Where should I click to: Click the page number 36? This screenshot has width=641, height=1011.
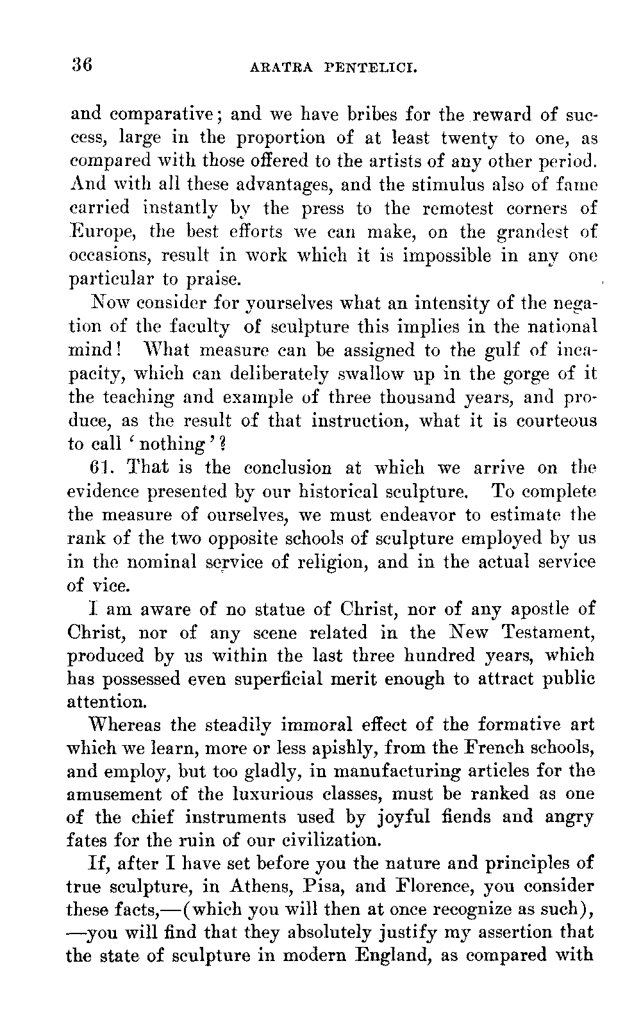[x=83, y=65]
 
